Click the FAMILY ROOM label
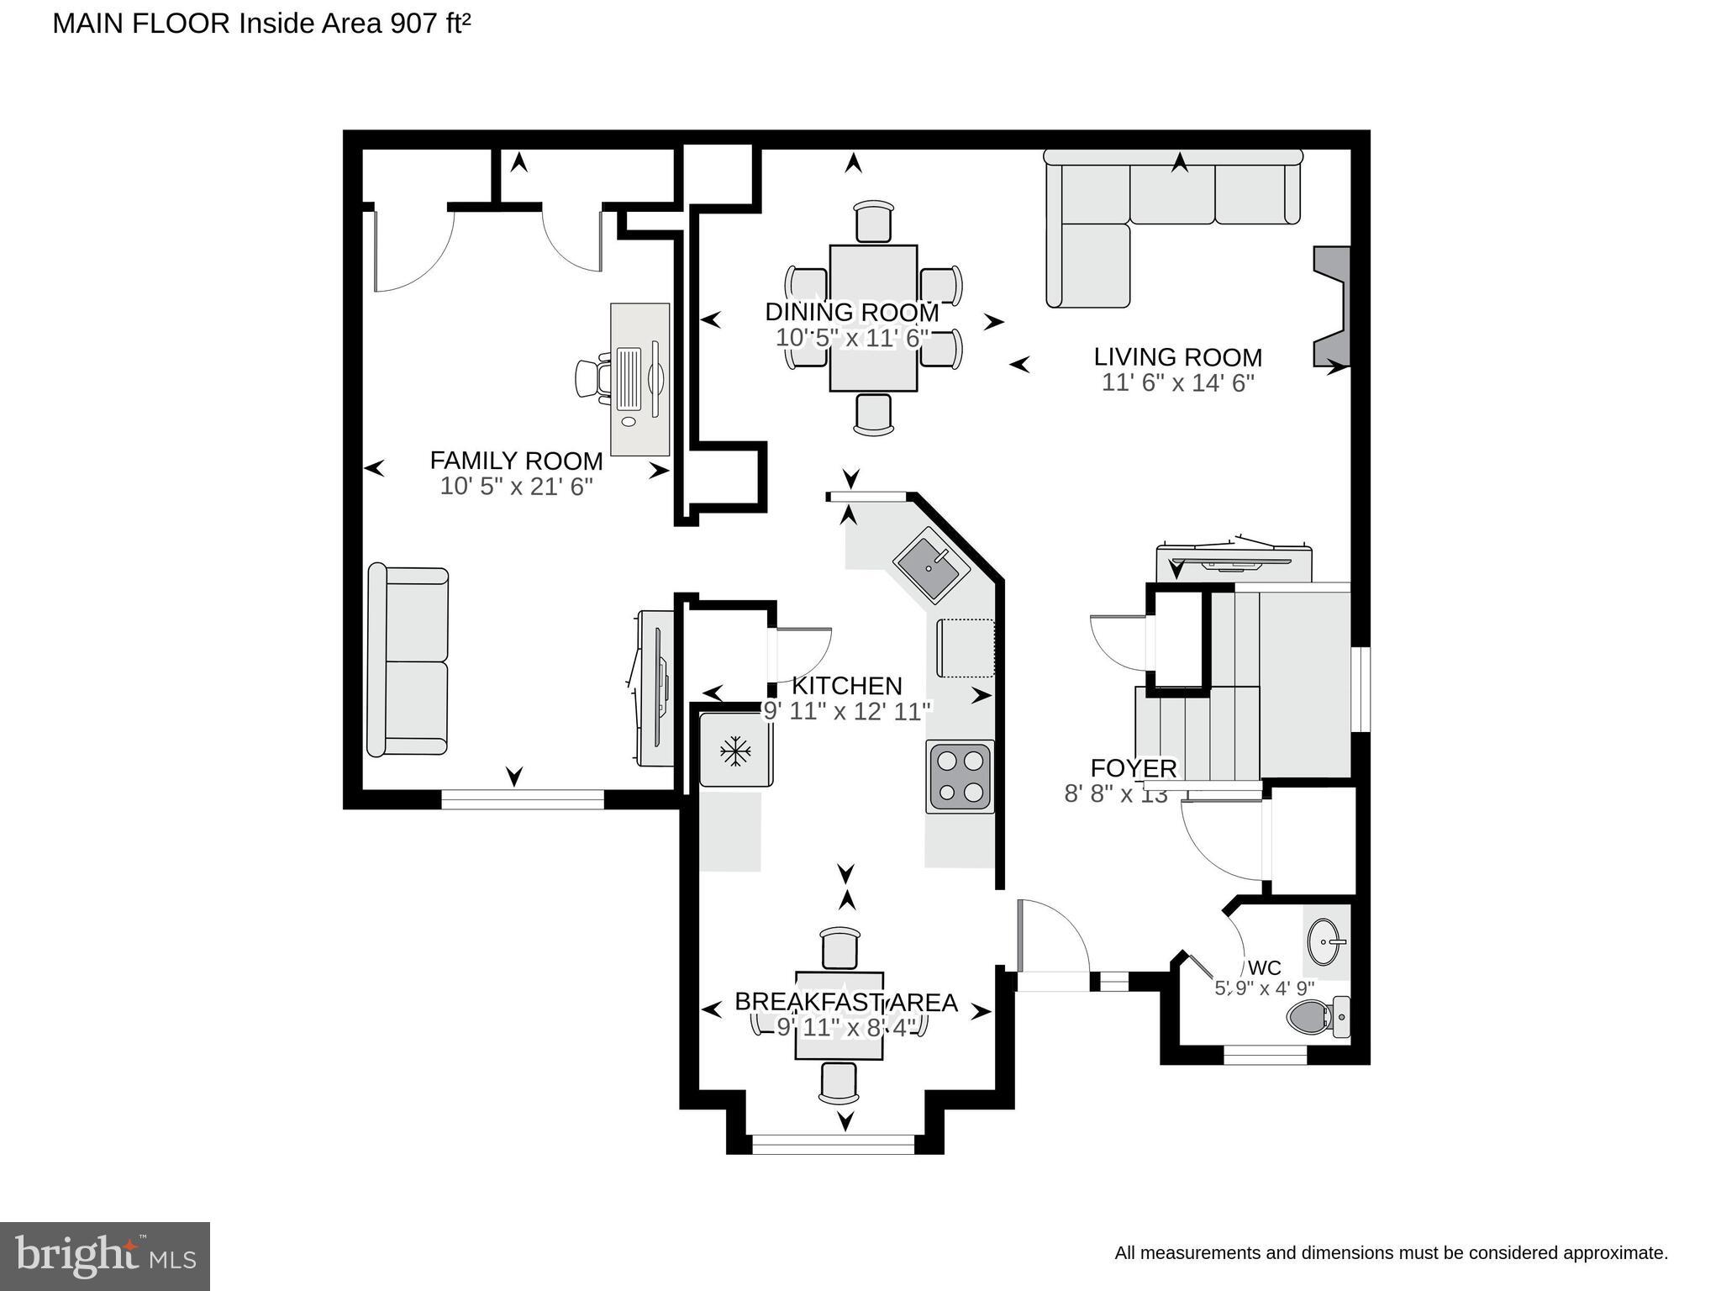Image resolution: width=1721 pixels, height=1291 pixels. click(x=516, y=461)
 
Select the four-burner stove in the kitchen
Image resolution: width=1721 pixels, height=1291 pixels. click(x=960, y=777)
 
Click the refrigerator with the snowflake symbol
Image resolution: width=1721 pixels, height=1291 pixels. click(x=736, y=750)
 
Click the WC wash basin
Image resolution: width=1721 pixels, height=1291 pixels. click(x=1325, y=942)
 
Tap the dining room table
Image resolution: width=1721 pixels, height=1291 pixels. click(x=873, y=318)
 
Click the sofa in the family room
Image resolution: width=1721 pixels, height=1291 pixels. click(x=408, y=661)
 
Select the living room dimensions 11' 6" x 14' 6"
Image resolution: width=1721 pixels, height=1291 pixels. click(x=1177, y=383)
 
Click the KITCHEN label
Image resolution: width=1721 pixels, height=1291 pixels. click(x=846, y=686)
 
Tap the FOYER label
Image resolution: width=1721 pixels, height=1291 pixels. click(x=1133, y=768)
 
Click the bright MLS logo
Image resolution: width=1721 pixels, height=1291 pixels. click(x=105, y=1256)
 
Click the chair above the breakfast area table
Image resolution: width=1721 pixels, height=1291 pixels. click(x=839, y=948)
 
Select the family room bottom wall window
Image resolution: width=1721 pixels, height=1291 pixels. click(x=523, y=799)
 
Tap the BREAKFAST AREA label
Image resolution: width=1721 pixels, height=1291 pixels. click(x=845, y=1002)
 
